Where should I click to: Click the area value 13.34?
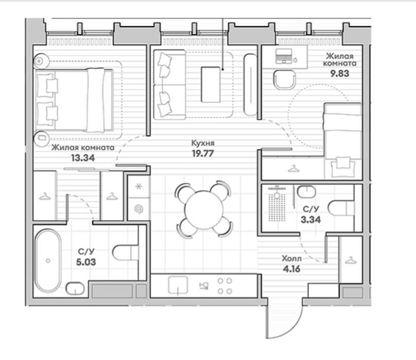tap(83, 158)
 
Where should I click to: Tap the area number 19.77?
tap(203, 153)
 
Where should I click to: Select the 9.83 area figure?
tap(340, 74)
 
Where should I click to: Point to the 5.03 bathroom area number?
tap(86, 262)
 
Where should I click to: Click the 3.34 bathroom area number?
tap(310, 220)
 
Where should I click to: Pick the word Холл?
tap(291, 258)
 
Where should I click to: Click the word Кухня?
tap(203, 143)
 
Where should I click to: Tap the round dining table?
tap(204, 210)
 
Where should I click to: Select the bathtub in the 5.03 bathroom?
tap(48, 261)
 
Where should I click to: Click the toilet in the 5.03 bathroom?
tap(126, 253)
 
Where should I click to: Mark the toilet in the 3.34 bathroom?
tap(341, 208)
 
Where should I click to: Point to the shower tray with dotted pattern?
tap(277, 204)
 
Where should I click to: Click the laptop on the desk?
tap(284, 56)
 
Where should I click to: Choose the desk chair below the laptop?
tap(284, 80)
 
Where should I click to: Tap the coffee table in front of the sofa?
tap(211, 84)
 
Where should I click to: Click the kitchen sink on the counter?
tap(178, 285)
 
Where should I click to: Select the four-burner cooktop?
tap(224, 286)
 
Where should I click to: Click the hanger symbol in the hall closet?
tap(351, 260)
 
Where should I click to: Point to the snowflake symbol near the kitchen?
tap(138, 186)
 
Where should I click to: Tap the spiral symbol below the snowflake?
tap(138, 209)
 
